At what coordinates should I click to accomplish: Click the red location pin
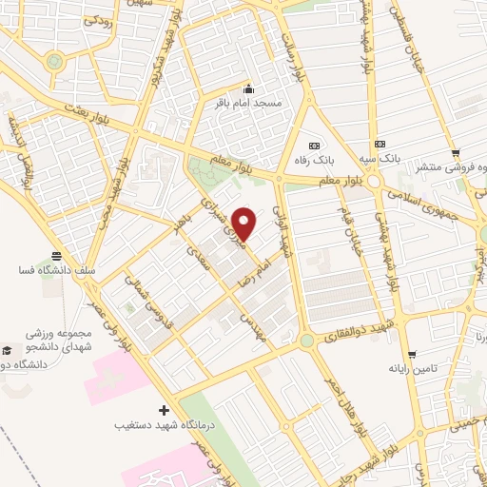pos(244,223)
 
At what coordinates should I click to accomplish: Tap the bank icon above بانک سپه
pos(381,144)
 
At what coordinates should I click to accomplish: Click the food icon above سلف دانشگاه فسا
pos(57,256)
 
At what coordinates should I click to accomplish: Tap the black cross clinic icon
pos(164,410)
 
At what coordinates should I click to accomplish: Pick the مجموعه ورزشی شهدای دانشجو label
pos(63,341)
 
